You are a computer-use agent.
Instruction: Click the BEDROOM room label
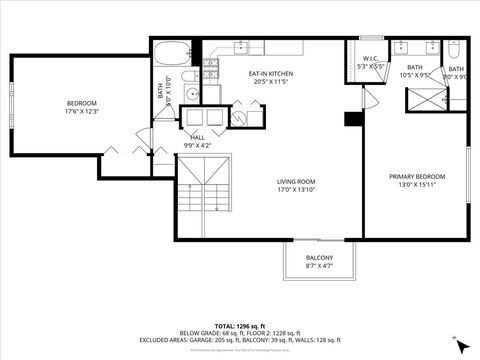click(x=82, y=103)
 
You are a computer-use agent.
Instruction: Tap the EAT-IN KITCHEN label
click(x=271, y=74)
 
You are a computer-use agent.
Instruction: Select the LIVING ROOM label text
click(x=297, y=182)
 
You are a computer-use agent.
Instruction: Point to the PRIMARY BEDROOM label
click(x=417, y=176)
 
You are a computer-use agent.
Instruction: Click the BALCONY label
click(x=319, y=257)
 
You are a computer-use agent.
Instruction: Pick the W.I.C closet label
click(x=369, y=58)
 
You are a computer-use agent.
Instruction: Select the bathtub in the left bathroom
click(x=175, y=52)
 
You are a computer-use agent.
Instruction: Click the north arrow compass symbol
click(x=461, y=345)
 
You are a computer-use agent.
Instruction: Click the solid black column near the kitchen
click(x=351, y=119)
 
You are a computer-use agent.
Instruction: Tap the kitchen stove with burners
click(x=211, y=69)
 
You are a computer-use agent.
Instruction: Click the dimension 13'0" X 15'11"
click(x=417, y=184)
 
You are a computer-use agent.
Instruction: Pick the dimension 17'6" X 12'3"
click(x=82, y=111)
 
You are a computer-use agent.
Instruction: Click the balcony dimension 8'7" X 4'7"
click(x=319, y=266)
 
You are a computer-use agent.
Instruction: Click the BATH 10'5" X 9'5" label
click(x=413, y=72)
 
